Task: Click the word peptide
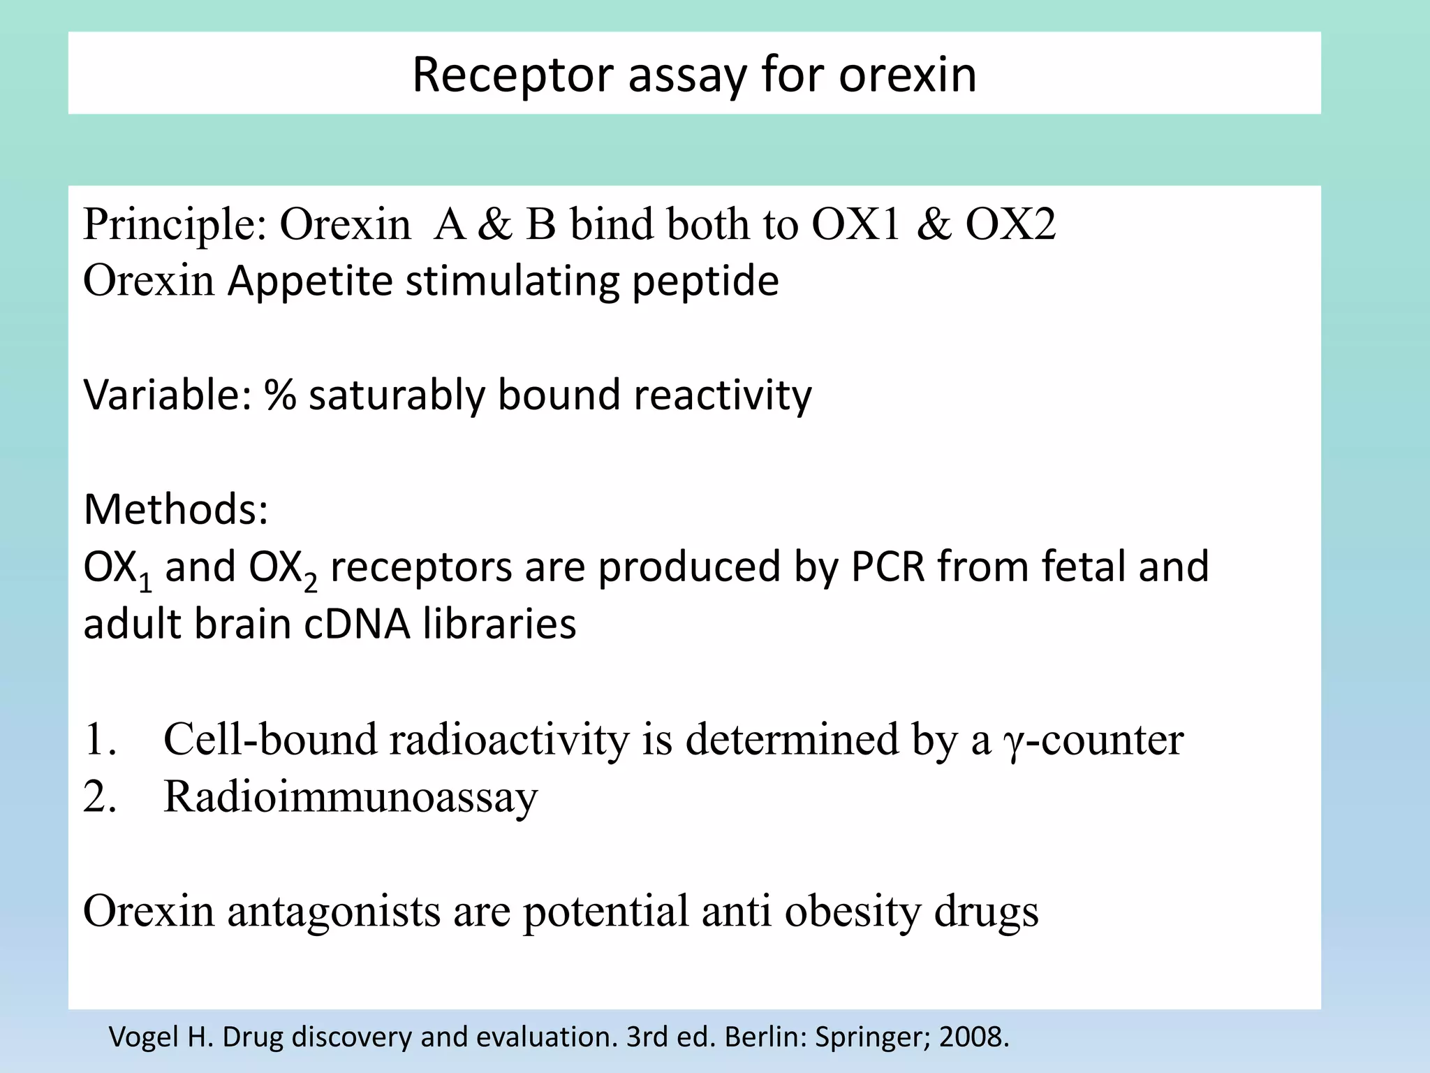pyautogui.click(x=705, y=282)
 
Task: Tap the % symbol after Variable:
pyautogui.click(x=280, y=395)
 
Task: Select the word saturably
pyautogui.click(x=396, y=395)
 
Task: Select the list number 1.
pyautogui.click(x=98, y=739)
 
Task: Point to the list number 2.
pyautogui.click(x=98, y=796)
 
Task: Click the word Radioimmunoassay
pyautogui.click(x=351, y=796)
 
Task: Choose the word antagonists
pyautogui.click(x=334, y=912)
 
